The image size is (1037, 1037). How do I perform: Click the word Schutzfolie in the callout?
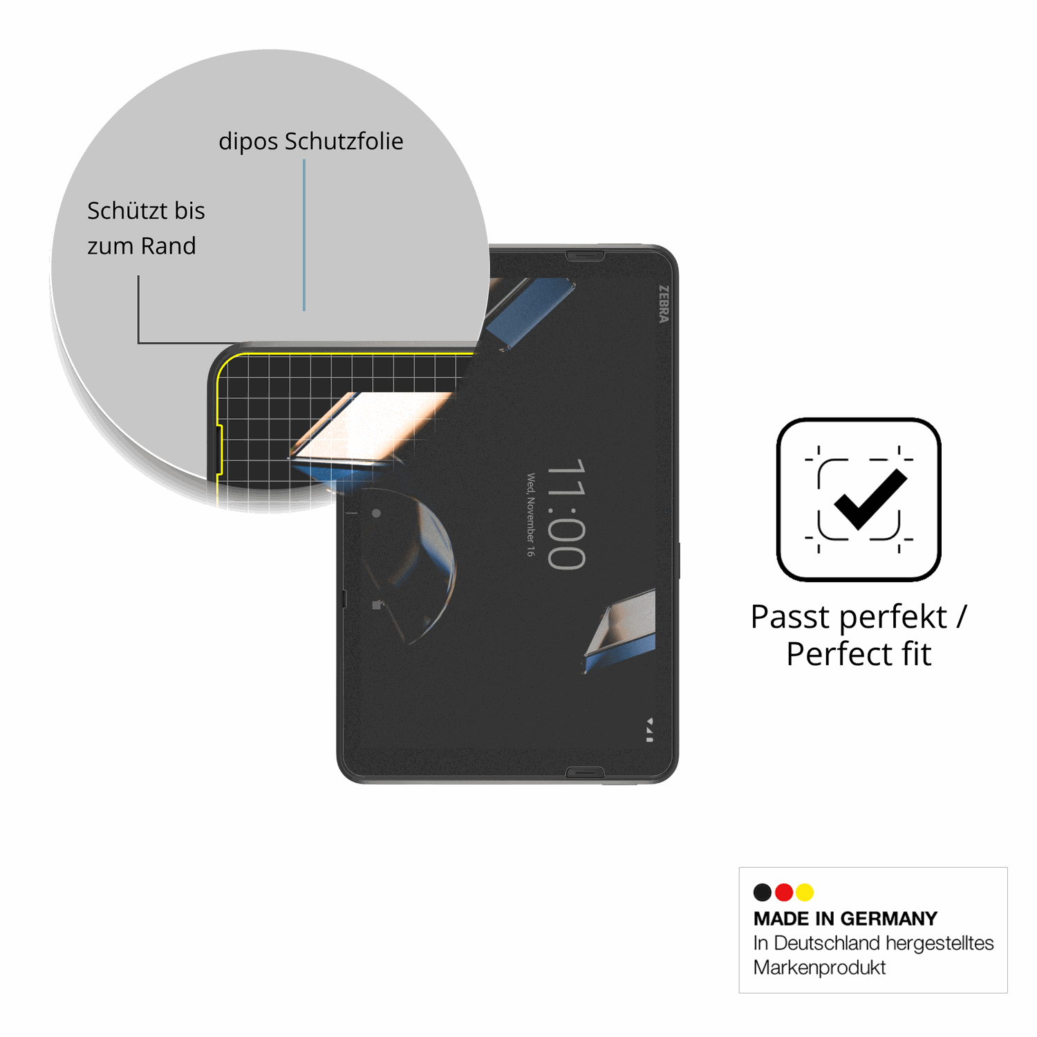[344, 141]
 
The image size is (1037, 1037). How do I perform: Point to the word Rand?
[169, 245]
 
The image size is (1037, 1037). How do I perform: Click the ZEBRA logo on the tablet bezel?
[664, 304]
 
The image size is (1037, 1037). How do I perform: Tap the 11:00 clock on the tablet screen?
[566, 514]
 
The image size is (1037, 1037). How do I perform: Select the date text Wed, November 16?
[530, 515]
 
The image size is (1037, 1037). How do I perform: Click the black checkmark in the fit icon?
[870, 499]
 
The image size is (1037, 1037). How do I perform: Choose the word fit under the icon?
[916, 653]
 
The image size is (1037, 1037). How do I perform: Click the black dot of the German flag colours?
[763, 893]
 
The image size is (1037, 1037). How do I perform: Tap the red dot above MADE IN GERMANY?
[784, 893]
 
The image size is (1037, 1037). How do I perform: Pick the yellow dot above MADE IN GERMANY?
[805, 893]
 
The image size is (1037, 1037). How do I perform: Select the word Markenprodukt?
[819, 967]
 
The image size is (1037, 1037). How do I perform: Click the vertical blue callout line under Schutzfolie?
[304, 235]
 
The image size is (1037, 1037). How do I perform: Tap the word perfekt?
[893, 617]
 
